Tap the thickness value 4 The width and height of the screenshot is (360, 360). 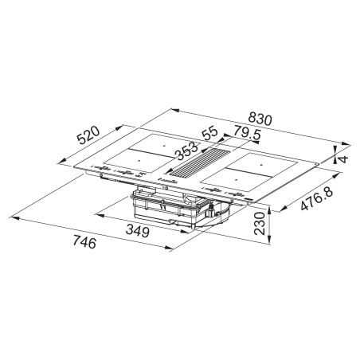pos(342,158)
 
